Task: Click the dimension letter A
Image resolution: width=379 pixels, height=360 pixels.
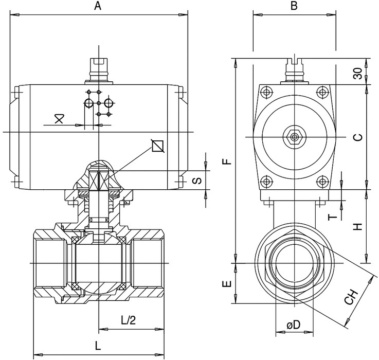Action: click(x=98, y=6)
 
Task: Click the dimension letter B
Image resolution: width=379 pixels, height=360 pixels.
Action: click(x=294, y=6)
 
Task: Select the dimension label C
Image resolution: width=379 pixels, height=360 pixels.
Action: click(x=359, y=137)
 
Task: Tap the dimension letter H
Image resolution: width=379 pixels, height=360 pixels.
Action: click(x=359, y=226)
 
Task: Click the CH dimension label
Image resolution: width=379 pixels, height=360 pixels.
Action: click(x=351, y=298)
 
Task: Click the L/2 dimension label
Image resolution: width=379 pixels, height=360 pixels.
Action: click(x=129, y=320)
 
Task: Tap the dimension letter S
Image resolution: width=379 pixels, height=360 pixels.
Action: click(x=196, y=181)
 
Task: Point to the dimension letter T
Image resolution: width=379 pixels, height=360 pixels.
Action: click(x=334, y=216)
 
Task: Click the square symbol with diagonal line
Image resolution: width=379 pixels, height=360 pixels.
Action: click(x=158, y=147)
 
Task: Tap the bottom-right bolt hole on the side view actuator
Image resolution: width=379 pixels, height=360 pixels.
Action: click(x=322, y=182)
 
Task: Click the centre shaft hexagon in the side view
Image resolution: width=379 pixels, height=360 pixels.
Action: click(x=294, y=137)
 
